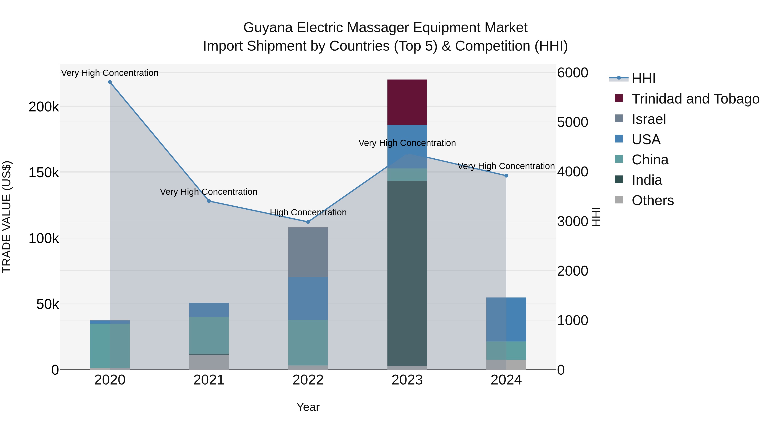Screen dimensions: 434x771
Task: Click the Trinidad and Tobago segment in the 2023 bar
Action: [407, 102]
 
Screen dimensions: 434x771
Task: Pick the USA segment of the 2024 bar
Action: [506, 319]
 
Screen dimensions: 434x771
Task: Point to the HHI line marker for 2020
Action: [110, 82]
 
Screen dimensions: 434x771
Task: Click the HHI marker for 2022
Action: [308, 222]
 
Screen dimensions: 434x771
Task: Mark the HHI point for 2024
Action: [506, 176]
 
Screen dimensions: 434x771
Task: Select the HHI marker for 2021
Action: [209, 201]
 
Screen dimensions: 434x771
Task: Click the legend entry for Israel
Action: [648, 119]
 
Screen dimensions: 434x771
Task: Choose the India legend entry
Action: [647, 180]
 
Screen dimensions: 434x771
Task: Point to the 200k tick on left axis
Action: [44, 107]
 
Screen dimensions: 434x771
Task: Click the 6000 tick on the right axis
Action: [572, 73]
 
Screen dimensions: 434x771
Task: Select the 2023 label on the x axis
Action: [407, 380]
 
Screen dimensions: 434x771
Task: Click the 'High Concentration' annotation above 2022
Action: [308, 212]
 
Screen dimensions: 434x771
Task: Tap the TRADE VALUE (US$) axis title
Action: [7, 217]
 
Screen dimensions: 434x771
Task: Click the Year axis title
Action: [308, 407]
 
